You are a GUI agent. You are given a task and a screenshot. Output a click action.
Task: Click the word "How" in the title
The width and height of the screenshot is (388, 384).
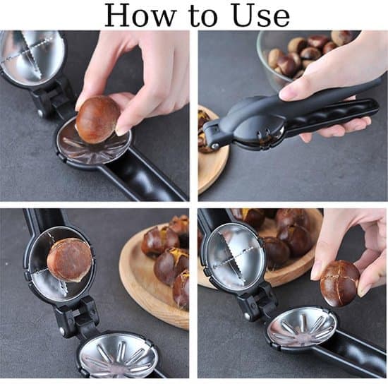[140, 16]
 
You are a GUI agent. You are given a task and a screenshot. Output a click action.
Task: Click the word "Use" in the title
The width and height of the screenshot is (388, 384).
[261, 16]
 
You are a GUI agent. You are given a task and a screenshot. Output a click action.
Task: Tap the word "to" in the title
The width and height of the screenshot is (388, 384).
[203, 18]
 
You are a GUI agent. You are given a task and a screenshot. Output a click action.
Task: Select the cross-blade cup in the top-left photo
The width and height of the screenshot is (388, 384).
[32, 56]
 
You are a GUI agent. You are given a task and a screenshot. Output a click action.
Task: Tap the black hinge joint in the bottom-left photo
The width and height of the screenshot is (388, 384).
[74, 316]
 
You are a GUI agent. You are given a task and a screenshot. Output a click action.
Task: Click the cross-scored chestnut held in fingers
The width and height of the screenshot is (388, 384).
[339, 283]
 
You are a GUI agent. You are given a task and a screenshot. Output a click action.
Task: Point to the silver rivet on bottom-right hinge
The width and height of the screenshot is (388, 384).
[247, 316]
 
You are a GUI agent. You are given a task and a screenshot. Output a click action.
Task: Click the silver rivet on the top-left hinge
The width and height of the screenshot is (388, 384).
[40, 113]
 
